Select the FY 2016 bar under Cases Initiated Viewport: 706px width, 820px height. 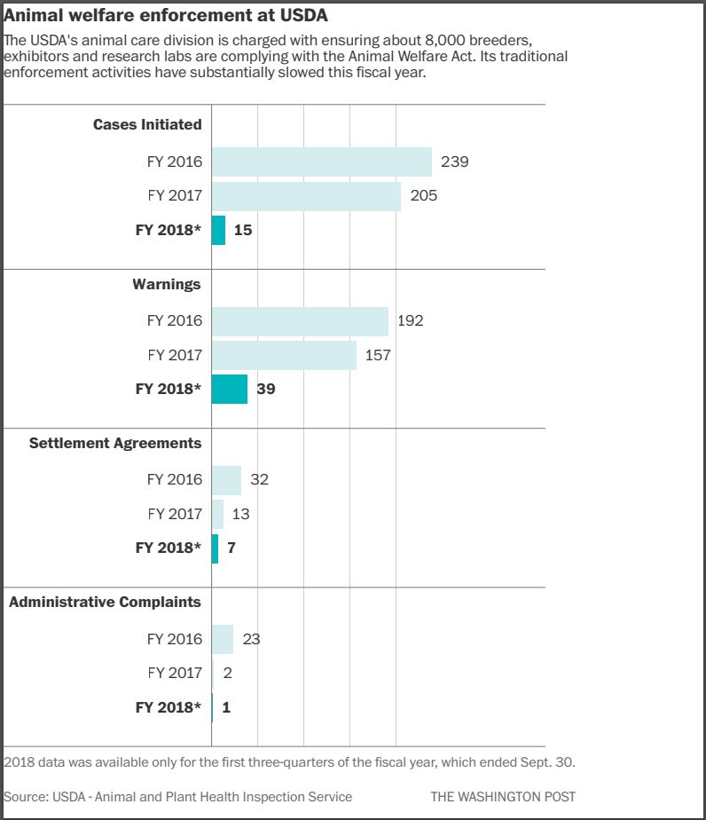click(321, 162)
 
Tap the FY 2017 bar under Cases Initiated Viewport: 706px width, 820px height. click(306, 196)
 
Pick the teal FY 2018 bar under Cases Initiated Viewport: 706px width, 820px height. click(218, 230)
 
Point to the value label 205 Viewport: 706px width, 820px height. click(424, 196)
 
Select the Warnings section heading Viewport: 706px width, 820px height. click(167, 284)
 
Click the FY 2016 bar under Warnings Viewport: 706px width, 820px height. click(300, 320)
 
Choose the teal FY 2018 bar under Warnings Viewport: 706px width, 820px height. click(229, 389)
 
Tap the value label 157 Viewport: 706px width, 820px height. click(378, 355)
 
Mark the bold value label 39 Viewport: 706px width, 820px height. click(265, 389)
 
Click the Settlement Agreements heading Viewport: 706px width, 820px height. click(115, 443)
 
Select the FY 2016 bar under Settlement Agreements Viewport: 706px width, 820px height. click(226, 480)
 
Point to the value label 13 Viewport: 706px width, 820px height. click(241, 514)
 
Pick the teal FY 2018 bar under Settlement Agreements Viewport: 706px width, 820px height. click(215, 548)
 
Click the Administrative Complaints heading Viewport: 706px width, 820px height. click(105, 602)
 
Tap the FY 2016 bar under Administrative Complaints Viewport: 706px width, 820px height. click(223, 639)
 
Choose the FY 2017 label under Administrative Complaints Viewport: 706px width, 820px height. click(175, 673)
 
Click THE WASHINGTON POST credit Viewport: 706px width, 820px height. click(503, 796)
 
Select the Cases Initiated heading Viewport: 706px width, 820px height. click(147, 124)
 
